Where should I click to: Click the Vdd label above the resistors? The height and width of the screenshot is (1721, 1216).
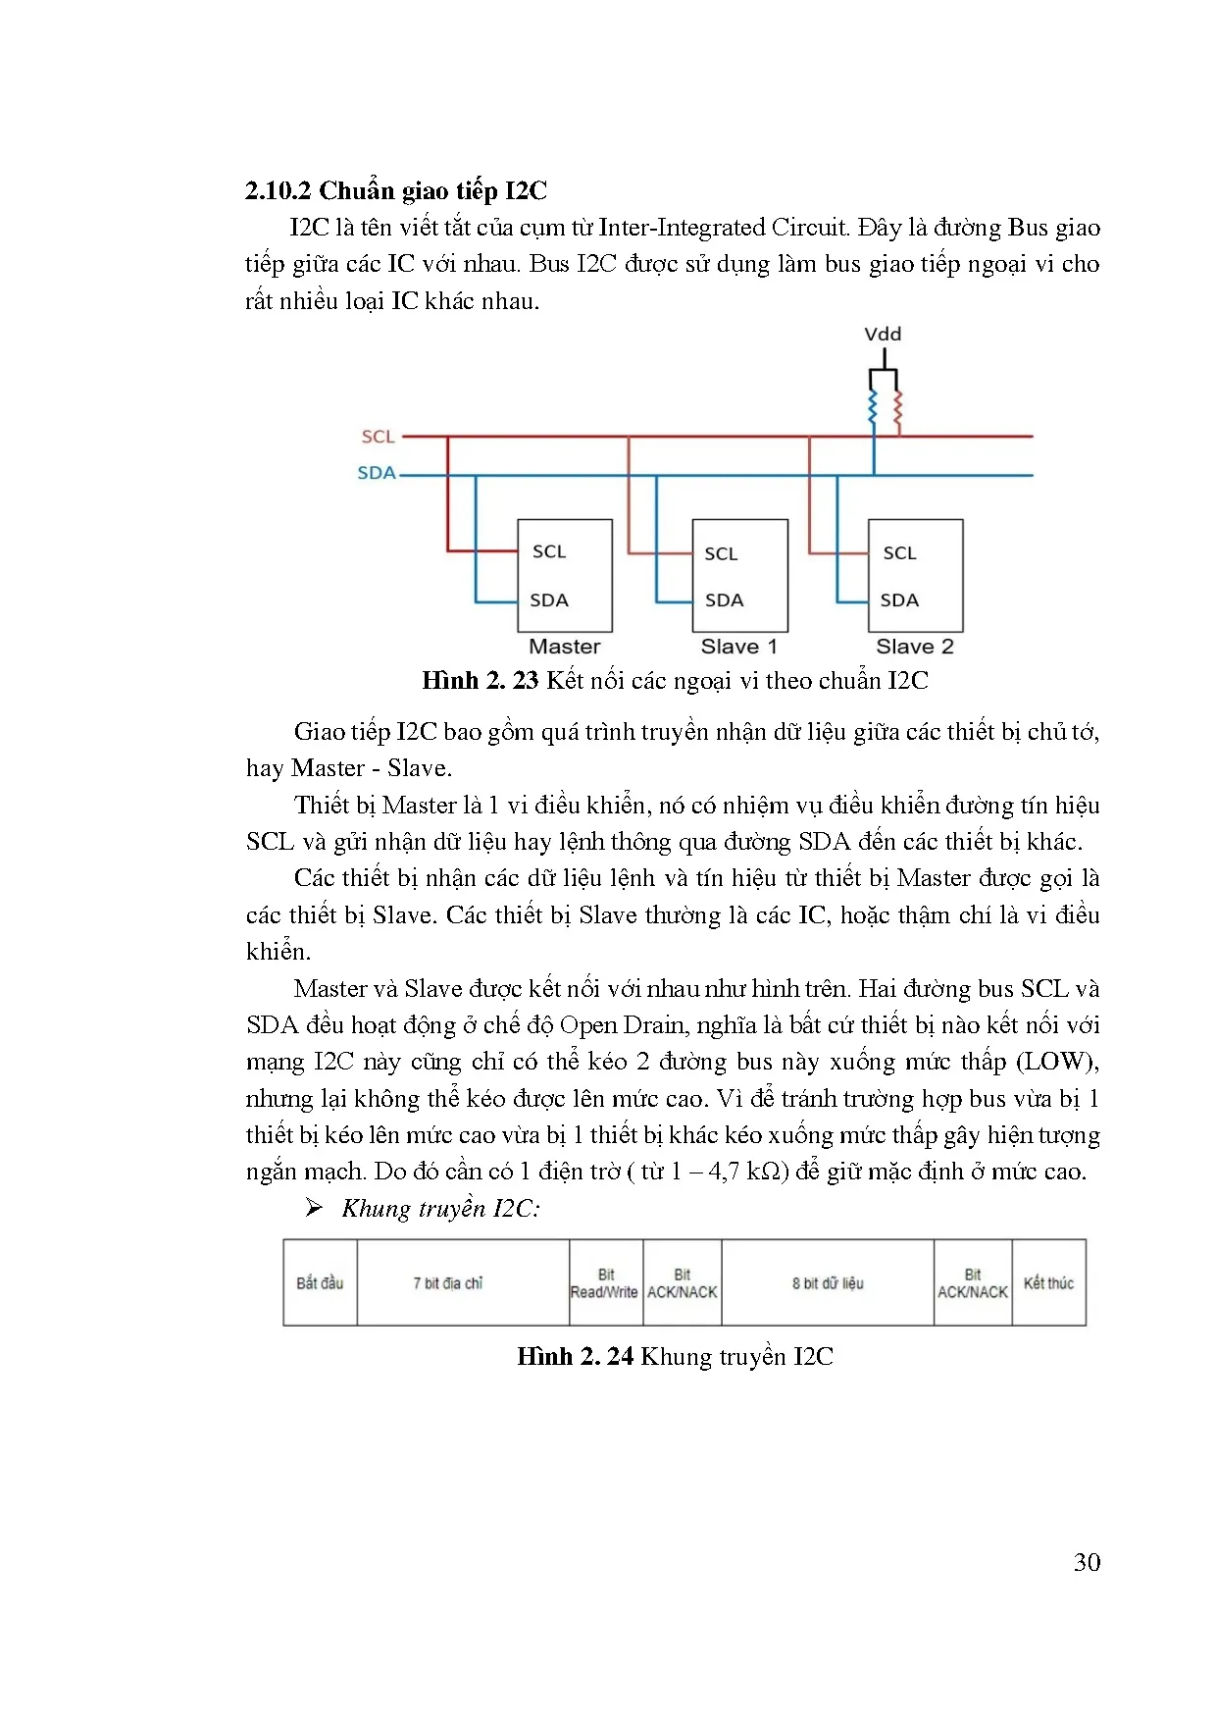(883, 334)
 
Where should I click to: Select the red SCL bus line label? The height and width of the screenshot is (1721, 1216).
(378, 437)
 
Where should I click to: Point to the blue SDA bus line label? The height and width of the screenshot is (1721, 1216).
(377, 473)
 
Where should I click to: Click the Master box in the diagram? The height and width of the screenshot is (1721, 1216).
(565, 576)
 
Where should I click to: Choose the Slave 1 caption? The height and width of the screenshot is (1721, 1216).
(739, 647)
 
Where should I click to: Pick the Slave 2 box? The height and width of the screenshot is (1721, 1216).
(916, 576)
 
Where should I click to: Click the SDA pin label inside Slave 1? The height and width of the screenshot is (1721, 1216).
(725, 600)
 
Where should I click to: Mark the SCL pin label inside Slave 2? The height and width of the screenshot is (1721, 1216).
(899, 553)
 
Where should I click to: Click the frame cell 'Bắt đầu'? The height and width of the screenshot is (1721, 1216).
(320, 1283)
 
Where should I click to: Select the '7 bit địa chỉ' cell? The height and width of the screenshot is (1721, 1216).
(448, 1283)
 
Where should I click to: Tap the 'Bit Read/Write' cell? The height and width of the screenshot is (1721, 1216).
(605, 1283)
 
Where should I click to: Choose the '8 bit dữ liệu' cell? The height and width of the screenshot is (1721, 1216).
(828, 1283)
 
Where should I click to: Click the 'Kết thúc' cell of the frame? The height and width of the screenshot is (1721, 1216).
(1048, 1283)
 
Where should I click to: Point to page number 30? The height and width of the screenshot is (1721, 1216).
(1087, 1563)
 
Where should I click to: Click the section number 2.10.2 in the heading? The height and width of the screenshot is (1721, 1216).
(279, 190)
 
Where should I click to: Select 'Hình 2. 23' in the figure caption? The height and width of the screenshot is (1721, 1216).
(481, 681)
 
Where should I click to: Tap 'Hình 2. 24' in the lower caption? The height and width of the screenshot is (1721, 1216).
(575, 1357)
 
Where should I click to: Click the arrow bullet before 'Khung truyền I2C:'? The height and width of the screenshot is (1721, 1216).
(314, 1208)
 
